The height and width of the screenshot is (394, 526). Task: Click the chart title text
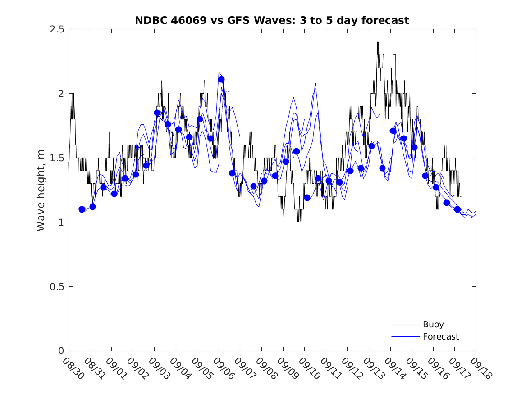(272, 20)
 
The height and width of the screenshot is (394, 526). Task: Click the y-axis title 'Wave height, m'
(41, 190)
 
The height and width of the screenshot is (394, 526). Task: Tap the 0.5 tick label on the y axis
(57, 287)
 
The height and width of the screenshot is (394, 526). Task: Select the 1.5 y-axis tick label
(57, 158)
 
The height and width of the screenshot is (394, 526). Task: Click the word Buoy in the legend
(433, 325)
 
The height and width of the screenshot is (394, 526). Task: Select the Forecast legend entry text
(441, 336)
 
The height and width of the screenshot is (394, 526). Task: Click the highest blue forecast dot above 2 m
(221, 79)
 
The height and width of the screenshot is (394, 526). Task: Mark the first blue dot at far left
(82, 209)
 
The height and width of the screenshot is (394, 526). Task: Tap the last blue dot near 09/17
(457, 209)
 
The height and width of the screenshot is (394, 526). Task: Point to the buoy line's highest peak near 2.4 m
(378, 42)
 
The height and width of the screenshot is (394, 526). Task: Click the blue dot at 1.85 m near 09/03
(157, 113)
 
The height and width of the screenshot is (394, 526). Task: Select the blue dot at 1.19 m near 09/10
(307, 197)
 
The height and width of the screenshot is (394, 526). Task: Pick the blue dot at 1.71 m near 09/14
(393, 131)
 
